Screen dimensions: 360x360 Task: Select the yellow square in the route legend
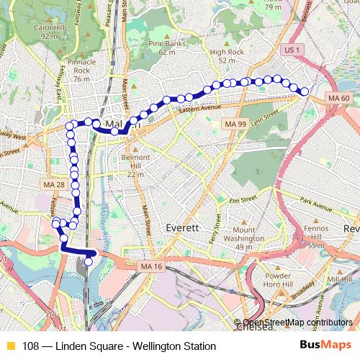pyautogui.click(x=10, y=346)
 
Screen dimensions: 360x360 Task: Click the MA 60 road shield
pyautogui.click(x=338, y=97)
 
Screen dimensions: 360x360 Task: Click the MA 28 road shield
pyautogui.click(x=55, y=185)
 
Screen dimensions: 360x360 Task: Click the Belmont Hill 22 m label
pyautogui.click(x=135, y=165)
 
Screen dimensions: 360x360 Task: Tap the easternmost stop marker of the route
pyautogui.click(x=305, y=91)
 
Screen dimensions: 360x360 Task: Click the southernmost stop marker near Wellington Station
pyautogui.click(x=88, y=262)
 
